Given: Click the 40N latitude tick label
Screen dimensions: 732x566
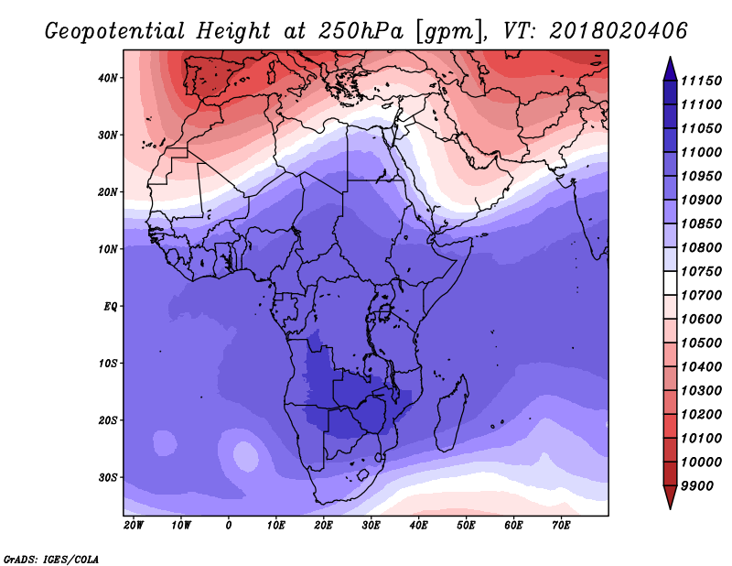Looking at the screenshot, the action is (107, 78).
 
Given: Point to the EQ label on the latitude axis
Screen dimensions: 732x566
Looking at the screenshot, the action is (110, 307).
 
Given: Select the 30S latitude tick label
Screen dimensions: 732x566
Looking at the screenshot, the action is (107, 478).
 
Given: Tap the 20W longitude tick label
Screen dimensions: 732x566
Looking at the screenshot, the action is (134, 526).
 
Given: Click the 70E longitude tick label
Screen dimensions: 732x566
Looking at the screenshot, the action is (561, 526).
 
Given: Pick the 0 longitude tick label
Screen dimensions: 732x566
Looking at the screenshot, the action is (228, 526).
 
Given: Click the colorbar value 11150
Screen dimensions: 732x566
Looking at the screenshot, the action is (701, 81).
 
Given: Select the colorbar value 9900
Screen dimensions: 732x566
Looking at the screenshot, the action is (697, 486).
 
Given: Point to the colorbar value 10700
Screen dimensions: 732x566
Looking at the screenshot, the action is (701, 296).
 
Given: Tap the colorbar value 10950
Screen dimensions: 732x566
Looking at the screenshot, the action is (701, 176).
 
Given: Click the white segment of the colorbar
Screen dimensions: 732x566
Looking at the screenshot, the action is (670, 283).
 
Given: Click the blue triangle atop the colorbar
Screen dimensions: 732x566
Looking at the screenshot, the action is (670, 69).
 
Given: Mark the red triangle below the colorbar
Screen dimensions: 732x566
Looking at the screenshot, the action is (670, 497).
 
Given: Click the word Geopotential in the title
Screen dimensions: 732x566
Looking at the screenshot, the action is (115, 31).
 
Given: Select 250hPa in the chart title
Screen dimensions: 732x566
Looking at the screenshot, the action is (361, 31).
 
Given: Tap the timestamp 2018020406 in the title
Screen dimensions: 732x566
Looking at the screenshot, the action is (619, 31).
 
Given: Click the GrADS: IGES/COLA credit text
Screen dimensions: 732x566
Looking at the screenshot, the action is (51, 560).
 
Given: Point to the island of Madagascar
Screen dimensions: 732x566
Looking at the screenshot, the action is (452, 414).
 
